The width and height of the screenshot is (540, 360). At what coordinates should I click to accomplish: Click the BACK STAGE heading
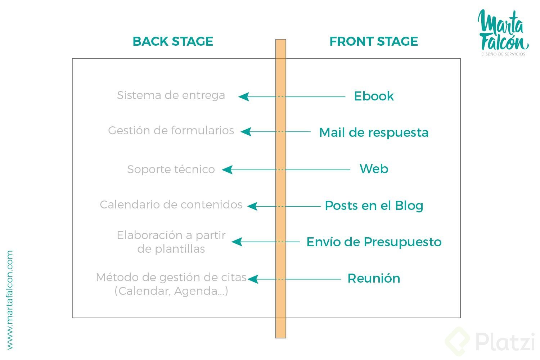pyautogui.click(x=173, y=41)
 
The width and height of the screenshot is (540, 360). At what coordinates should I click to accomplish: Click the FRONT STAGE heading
pyautogui.click(x=374, y=41)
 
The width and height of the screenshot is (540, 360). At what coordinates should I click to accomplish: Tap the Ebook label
pyautogui.click(x=374, y=96)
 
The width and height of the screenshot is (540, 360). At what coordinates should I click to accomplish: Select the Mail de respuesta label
pyautogui.click(x=374, y=132)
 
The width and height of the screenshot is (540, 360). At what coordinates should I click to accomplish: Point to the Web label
pyautogui.click(x=374, y=169)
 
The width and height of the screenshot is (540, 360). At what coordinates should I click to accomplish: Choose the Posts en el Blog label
pyautogui.click(x=374, y=206)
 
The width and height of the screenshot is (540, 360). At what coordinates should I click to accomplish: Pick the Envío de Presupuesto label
pyautogui.click(x=374, y=242)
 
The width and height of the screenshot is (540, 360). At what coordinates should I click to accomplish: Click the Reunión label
pyautogui.click(x=374, y=278)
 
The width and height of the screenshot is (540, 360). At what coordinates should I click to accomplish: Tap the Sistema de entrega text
pyautogui.click(x=171, y=95)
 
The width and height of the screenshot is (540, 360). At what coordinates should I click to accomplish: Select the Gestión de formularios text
pyautogui.click(x=171, y=130)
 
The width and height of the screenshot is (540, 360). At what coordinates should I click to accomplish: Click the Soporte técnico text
pyautogui.click(x=171, y=169)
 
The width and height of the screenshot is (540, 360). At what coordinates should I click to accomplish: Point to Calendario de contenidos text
pyautogui.click(x=171, y=204)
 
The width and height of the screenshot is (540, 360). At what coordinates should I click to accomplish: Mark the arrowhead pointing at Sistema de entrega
pyautogui.click(x=244, y=96)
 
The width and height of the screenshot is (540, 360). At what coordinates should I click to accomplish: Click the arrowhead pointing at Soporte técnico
pyautogui.click(x=227, y=170)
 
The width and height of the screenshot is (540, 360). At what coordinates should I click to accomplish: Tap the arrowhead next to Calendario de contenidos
pyautogui.click(x=252, y=206)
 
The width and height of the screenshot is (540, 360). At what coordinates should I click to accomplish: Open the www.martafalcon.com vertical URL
pyautogui.click(x=10, y=300)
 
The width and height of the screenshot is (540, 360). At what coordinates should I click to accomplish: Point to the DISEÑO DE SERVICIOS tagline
pyautogui.click(x=503, y=54)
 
